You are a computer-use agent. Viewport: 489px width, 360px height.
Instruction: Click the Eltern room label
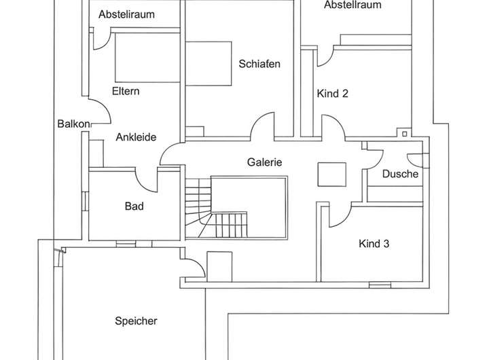(126, 91)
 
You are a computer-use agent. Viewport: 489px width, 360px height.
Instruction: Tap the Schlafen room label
(259, 64)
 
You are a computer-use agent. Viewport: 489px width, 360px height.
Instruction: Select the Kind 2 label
(332, 94)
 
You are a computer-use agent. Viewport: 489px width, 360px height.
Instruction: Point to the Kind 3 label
(374, 243)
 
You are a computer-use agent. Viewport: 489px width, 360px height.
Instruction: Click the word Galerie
(264, 163)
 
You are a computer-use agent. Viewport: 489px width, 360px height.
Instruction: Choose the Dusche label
(400, 174)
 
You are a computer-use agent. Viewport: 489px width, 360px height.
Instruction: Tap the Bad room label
(133, 206)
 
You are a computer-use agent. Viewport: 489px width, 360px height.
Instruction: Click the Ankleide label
(136, 137)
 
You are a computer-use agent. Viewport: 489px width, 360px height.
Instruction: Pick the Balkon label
(73, 124)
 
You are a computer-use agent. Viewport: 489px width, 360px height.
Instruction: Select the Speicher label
(137, 321)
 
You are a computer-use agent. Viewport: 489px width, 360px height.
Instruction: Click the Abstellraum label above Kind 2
(352, 5)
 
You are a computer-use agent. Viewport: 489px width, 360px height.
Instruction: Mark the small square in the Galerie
(332, 173)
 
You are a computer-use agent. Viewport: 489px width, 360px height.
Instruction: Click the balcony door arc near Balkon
(100, 112)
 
